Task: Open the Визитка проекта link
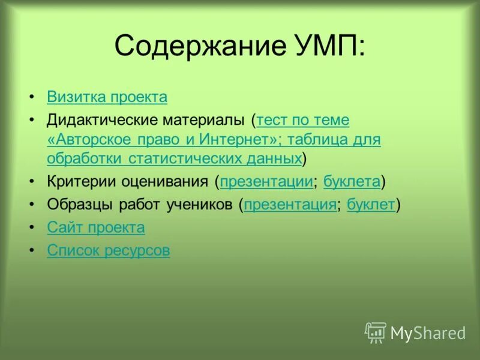point(107,97)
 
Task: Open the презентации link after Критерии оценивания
point(266,181)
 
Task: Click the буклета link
point(352,181)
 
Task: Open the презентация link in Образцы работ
point(290,205)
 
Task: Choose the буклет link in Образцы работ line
point(371,205)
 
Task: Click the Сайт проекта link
point(96,228)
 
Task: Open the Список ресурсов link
point(108,251)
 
